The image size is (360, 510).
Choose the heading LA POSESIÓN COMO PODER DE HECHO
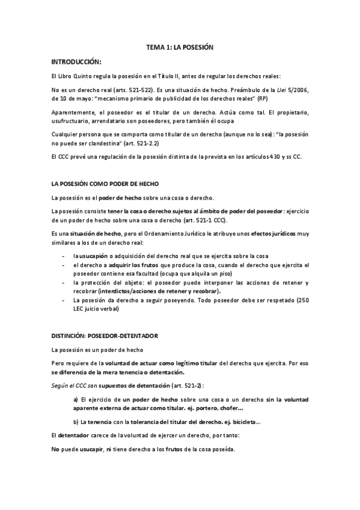[105, 183]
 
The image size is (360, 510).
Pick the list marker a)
[76, 399]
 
